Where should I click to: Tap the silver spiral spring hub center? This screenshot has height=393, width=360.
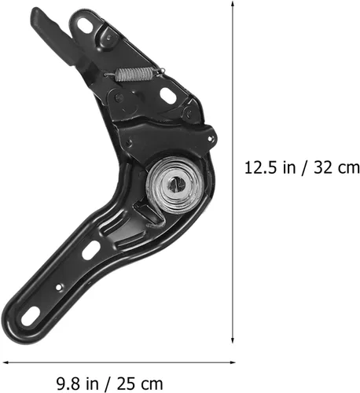pos(177,185)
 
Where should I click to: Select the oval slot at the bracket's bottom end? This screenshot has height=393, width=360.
pos(31,316)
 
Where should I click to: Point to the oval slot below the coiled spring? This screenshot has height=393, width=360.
pos(168,94)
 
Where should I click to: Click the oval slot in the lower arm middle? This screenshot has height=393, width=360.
pos(91,250)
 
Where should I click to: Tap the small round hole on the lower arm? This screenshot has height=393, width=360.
pos(59,288)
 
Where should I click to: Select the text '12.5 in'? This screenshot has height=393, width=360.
pos(264,167)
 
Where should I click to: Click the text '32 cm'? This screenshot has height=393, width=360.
pos(336,167)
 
